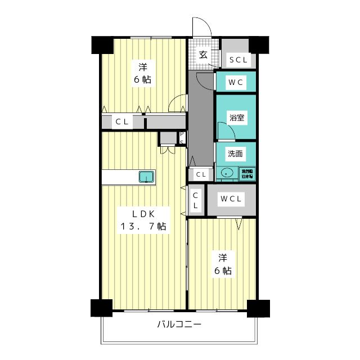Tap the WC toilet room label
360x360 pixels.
click(x=235, y=82)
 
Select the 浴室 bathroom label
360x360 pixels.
click(x=236, y=118)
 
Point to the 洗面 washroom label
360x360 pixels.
click(x=236, y=153)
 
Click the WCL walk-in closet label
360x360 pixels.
click(x=231, y=199)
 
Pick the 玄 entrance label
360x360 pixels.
click(x=202, y=55)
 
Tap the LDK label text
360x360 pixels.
click(x=143, y=214)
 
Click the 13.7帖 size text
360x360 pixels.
click(x=143, y=227)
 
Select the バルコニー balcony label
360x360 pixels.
click(x=179, y=325)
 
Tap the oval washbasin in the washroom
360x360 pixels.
click(x=228, y=173)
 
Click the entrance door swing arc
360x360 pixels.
click(x=200, y=26)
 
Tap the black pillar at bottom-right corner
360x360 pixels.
click(x=258, y=308)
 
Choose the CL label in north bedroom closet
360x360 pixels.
click(x=122, y=121)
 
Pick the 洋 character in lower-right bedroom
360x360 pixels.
click(x=223, y=258)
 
